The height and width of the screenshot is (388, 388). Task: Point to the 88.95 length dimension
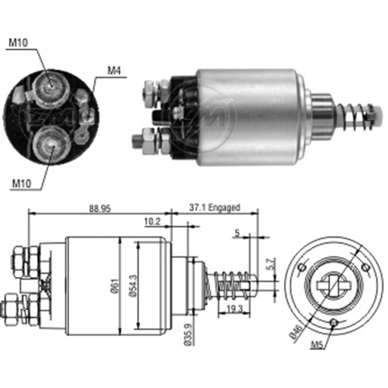point(100,208)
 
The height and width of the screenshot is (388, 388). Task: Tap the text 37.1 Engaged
point(215,208)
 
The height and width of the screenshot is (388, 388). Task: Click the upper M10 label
point(18,43)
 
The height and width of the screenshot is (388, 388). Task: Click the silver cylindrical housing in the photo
point(252,116)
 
